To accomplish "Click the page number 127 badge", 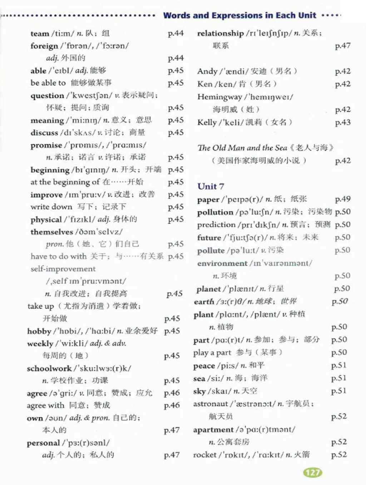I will point(312,472).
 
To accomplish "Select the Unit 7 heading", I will point(211,186).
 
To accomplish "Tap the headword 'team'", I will point(40,34).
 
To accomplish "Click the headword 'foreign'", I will point(44,46).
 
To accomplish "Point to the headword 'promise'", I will point(46,145).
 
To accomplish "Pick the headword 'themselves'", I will point(51,232).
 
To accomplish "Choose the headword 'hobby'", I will point(39,331).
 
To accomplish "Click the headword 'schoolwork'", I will point(49,368).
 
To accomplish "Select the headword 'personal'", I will point(43,443).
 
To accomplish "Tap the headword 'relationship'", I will point(220,33).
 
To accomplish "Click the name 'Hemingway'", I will point(219,97).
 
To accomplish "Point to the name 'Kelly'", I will point(207,122).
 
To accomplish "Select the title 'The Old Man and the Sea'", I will point(242,148).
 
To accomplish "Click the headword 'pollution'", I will point(215,212).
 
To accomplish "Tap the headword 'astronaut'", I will point(211,404).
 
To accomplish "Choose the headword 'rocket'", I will point(205,455).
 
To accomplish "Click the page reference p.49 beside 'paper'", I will point(343,199).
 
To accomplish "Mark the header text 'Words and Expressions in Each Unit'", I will point(239,15).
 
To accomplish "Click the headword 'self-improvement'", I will point(63,269).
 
